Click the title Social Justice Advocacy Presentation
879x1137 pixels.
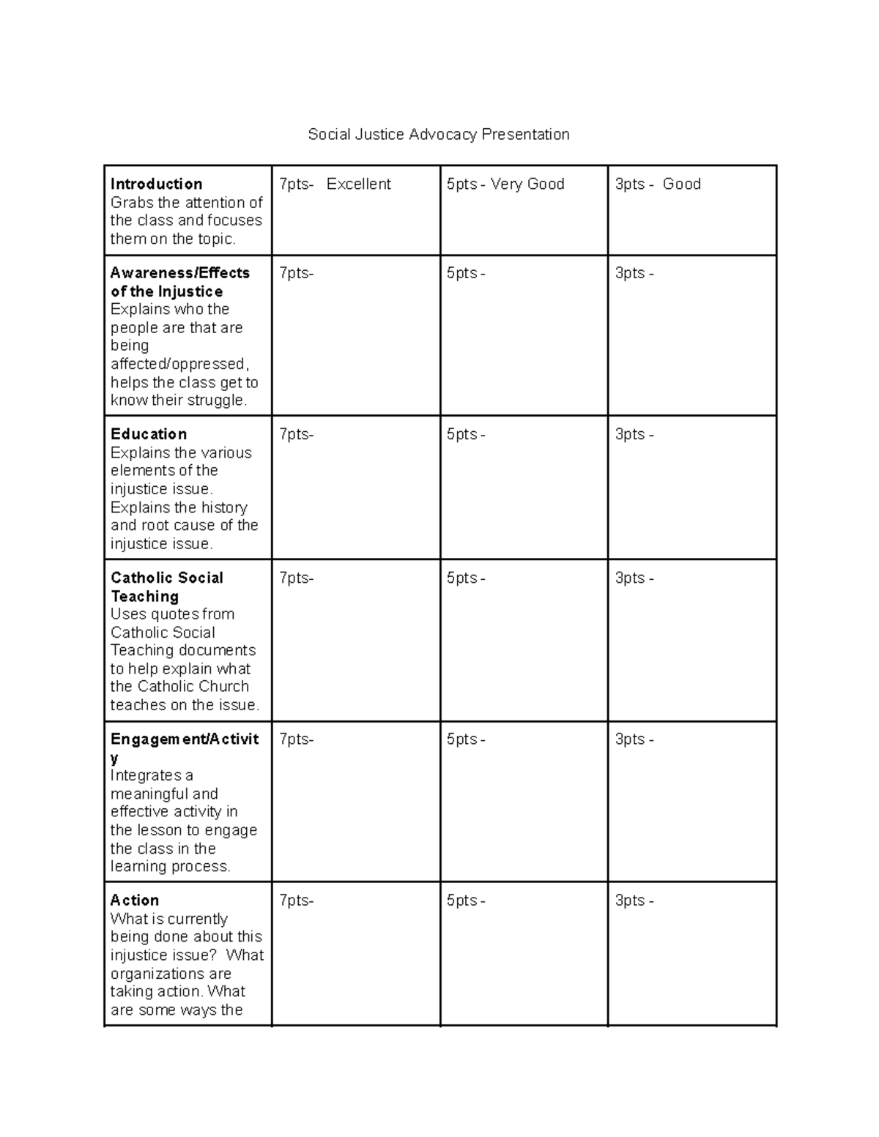(x=438, y=135)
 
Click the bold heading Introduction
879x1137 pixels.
(x=156, y=184)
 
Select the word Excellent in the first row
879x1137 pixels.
(x=358, y=184)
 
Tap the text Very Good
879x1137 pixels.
(x=527, y=184)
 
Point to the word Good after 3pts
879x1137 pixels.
(x=681, y=184)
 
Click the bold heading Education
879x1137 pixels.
(x=149, y=434)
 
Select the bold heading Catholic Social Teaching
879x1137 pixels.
(x=166, y=586)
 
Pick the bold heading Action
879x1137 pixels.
(x=135, y=900)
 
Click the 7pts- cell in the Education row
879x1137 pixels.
(x=296, y=434)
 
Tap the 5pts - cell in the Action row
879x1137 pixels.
(x=465, y=901)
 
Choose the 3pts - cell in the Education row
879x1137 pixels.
(x=634, y=434)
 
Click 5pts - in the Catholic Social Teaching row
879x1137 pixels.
(x=465, y=578)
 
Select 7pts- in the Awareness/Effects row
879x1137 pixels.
(x=296, y=273)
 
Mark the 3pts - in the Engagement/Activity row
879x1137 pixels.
(x=634, y=739)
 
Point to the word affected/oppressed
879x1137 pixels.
(x=180, y=364)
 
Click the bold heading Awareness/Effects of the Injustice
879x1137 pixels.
(x=179, y=282)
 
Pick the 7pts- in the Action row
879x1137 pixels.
(x=296, y=901)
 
